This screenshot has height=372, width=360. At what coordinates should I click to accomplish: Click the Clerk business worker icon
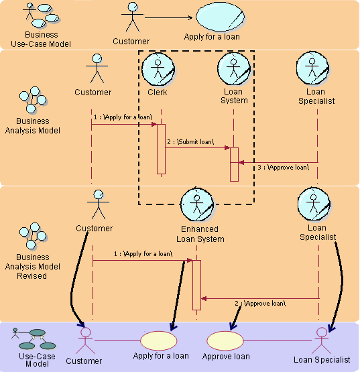(158, 68)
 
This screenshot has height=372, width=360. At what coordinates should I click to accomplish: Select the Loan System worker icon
(234, 68)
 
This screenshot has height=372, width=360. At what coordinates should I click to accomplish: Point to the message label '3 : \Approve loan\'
(284, 166)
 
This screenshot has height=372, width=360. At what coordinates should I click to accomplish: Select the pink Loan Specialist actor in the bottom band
(322, 340)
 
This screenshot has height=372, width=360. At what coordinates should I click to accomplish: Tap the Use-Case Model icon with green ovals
(32, 334)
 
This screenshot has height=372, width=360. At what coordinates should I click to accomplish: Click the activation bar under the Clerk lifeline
(161, 149)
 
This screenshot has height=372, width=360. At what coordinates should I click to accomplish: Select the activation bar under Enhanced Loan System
(196, 285)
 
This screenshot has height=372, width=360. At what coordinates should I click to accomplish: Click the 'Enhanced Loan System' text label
(200, 234)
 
